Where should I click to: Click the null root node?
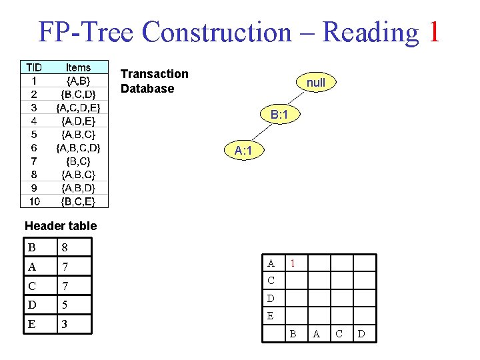[x=316, y=83]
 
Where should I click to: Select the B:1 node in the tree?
[x=279, y=115]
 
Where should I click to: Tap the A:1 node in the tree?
[x=243, y=151]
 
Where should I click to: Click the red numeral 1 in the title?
[x=433, y=31]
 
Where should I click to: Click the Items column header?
[x=78, y=67]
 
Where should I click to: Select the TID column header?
[x=33, y=67]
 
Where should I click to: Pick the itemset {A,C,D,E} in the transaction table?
[x=78, y=107]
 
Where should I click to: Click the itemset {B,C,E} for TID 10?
[x=78, y=201]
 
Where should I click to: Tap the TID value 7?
[x=33, y=161]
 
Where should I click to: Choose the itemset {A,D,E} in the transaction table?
[x=78, y=121]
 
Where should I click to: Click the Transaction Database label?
[x=154, y=81]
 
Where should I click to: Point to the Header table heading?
[x=60, y=226]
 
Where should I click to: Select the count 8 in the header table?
[x=65, y=248]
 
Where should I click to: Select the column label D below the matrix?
[x=361, y=333]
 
